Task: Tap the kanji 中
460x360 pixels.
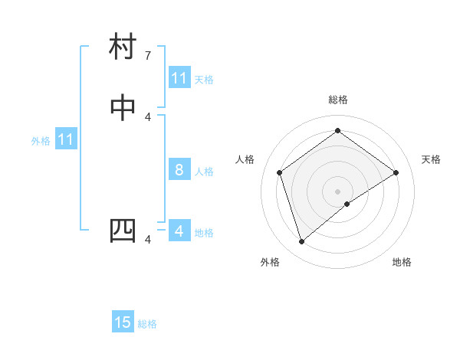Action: (123, 109)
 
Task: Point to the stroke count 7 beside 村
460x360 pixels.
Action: (148, 56)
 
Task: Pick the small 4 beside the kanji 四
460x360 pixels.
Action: (148, 240)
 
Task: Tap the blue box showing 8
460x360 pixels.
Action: (179, 170)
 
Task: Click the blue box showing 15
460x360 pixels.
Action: (123, 322)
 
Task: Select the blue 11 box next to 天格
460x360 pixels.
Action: (179, 78)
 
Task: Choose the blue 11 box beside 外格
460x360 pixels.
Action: (66, 139)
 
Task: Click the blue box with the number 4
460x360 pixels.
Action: (179, 231)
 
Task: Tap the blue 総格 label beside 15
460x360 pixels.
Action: (147, 324)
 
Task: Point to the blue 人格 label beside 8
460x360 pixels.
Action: (204, 171)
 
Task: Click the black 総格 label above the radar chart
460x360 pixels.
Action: (337, 100)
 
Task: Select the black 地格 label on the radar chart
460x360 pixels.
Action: (402, 263)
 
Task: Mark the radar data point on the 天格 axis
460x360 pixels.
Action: (396, 172)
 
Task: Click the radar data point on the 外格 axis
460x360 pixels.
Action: (301, 242)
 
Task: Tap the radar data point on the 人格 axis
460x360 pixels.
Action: (280, 172)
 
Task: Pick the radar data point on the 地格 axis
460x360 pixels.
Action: (347, 204)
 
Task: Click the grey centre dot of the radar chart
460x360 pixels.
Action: (337, 191)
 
